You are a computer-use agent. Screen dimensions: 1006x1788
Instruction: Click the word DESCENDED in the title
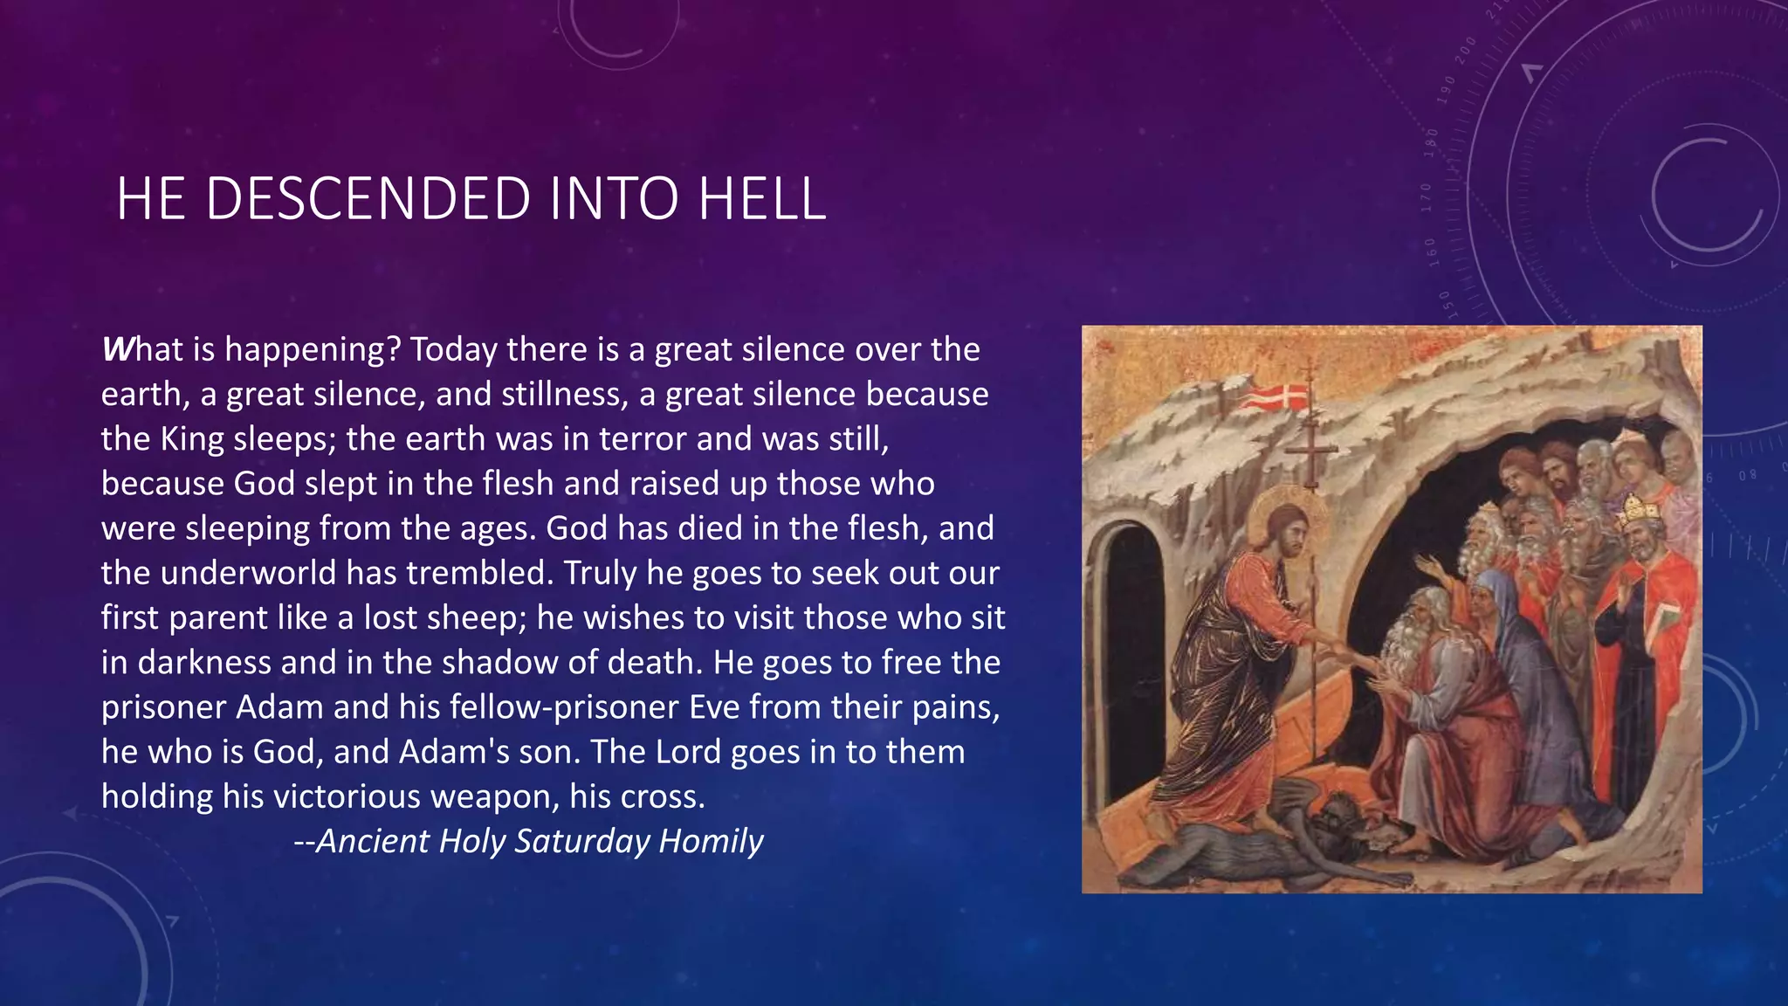coord(368,198)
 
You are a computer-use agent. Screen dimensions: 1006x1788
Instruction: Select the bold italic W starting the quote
coord(116,349)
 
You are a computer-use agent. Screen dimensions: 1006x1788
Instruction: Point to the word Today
coord(454,349)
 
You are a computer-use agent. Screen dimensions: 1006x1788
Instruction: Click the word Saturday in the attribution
coord(582,841)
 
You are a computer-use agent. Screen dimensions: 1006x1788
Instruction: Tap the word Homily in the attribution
coord(712,841)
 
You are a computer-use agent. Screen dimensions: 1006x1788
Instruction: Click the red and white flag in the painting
coord(1276,397)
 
